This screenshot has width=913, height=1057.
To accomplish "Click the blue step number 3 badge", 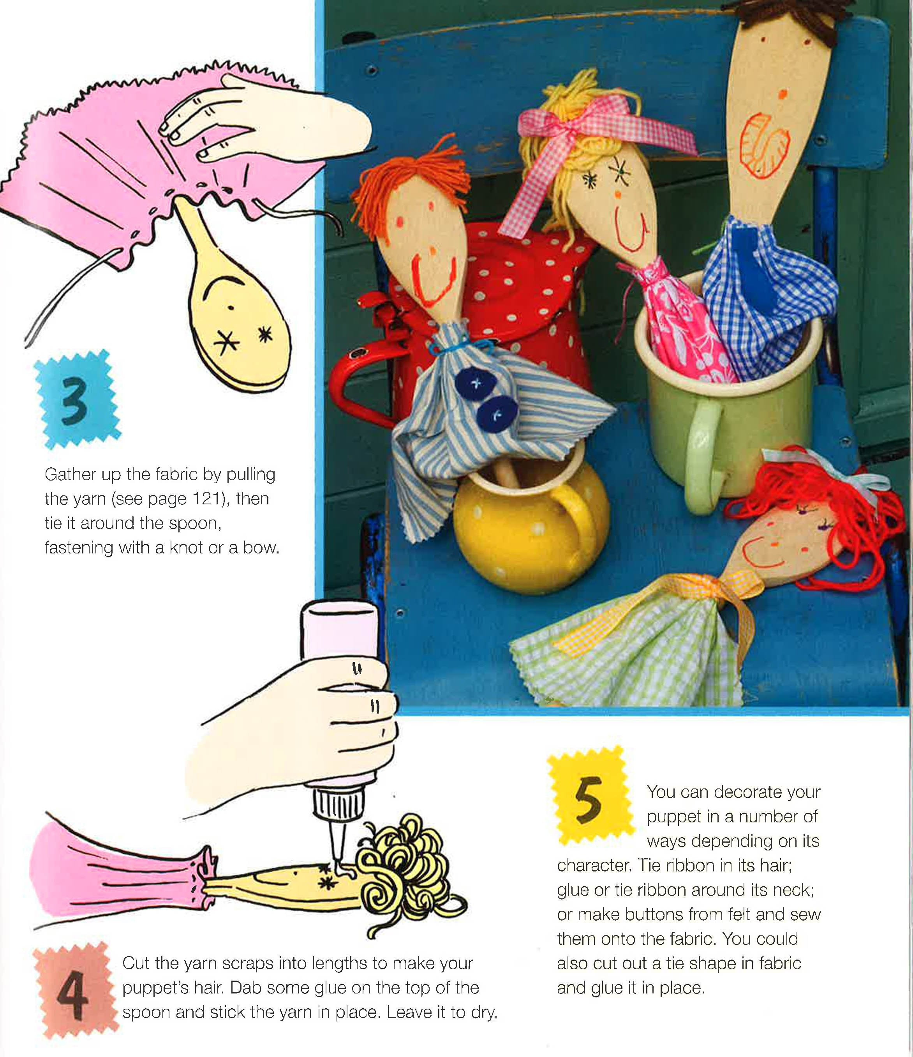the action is click(77, 399).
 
